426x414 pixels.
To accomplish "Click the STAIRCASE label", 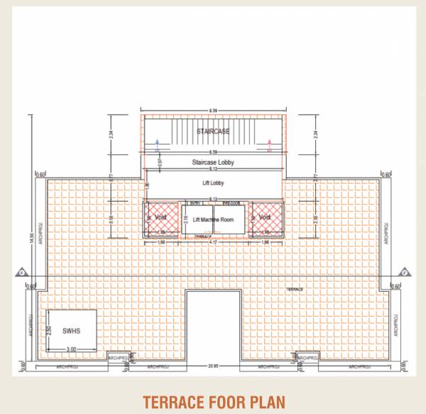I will pyautogui.click(x=212, y=132).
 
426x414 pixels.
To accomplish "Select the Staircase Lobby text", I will pyautogui.click(x=213, y=163).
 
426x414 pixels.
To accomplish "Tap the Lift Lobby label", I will pyautogui.click(x=213, y=183).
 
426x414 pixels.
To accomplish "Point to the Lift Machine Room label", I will pyautogui.click(x=213, y=219).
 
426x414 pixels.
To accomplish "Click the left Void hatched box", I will pyautogui.click(x=160, y=218).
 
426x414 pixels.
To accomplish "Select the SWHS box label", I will pyautogui.click(x=71, y=330).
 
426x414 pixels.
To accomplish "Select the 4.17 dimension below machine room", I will pyautogui.click(x=212, y=244).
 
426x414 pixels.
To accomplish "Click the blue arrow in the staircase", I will pyautogui.click(x=156, y=147).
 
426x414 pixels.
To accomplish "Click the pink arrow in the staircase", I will pyautogui.click(x=269, y=147).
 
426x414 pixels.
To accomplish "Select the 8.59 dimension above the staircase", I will pyautogui.click(x=212, y=111).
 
